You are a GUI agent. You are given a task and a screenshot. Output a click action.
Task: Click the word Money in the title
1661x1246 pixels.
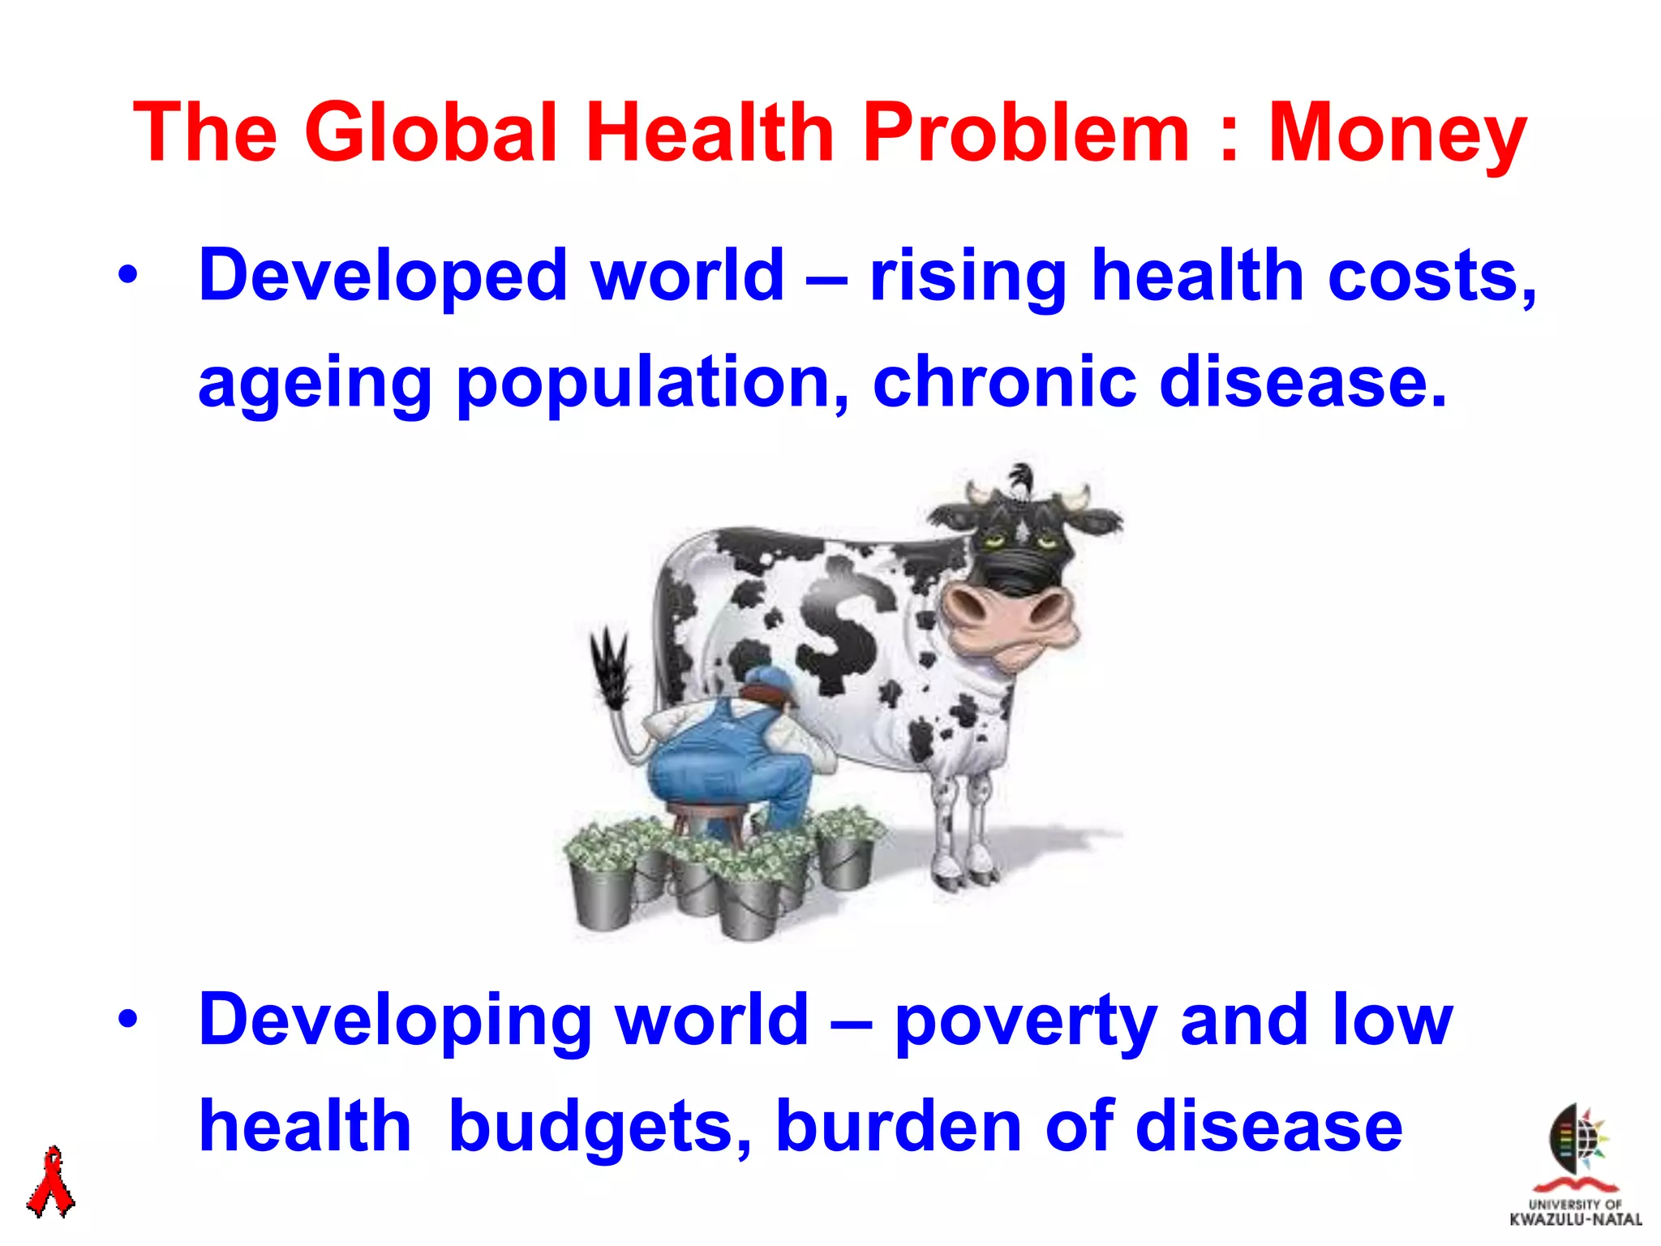click(x=1397, y=134)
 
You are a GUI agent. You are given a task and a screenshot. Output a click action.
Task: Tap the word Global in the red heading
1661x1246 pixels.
click(x=431, y=132)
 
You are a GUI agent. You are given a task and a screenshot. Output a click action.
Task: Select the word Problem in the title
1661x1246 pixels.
click(x=1025, y=132)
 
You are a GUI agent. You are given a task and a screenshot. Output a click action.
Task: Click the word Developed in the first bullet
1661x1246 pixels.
click(x=382, y=277)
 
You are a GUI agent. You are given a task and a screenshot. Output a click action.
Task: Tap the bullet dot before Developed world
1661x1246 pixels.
click(x=127, y=276)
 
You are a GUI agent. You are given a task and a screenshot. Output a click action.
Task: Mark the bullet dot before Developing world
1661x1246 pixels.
click(x=127, y=1020)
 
